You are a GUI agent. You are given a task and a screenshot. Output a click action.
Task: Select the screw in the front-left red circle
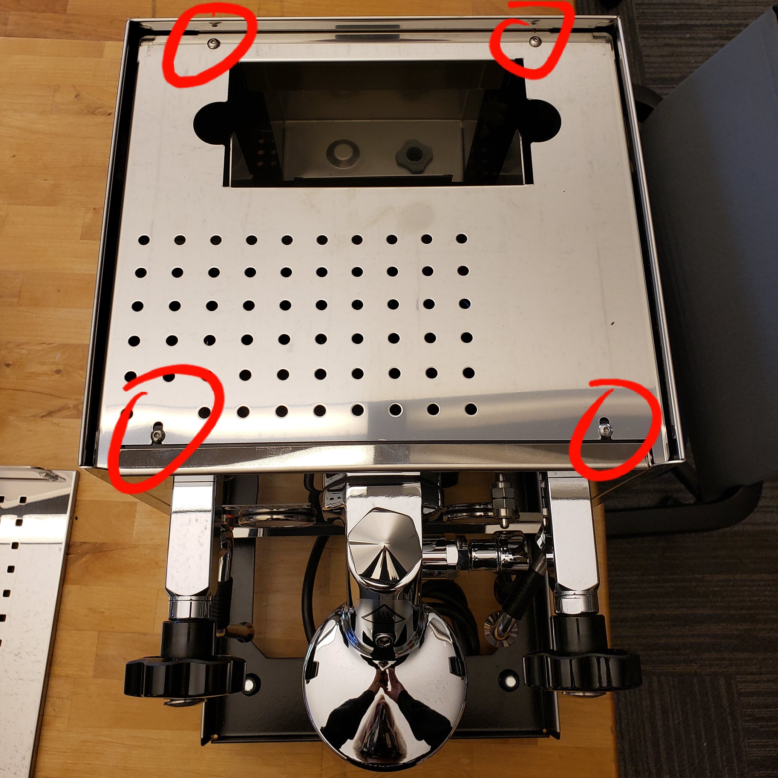(157, 434)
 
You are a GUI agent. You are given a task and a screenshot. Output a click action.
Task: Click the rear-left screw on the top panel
(212, 42)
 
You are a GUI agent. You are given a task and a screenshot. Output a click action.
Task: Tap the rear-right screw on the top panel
(535, 40)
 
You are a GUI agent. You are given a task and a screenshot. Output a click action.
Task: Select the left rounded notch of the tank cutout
(210, 121)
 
